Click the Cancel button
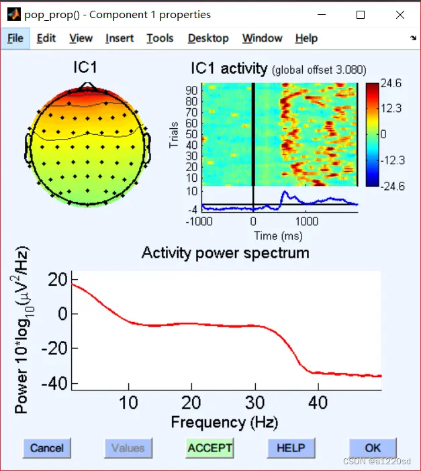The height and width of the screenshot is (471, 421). [47, 448]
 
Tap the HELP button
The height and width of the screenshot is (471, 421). [291, 448]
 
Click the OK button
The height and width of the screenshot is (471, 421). [373, 448]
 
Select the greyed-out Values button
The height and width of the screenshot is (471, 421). [128, 448]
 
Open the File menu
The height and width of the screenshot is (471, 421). [15, 38]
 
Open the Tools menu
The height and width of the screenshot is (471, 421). [160, 38]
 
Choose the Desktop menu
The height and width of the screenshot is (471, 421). [208, 38]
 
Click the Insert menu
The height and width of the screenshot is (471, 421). [120, 38]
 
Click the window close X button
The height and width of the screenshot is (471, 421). [400, 14]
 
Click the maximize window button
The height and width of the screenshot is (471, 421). [361, 14]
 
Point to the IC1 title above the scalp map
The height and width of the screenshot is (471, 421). [85, 68]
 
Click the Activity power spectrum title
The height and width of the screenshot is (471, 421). [226, 253]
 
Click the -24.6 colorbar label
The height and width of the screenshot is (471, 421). [391, 186]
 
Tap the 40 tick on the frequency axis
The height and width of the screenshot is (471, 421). [318, 403]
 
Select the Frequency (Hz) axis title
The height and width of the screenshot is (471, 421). [224, 423]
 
